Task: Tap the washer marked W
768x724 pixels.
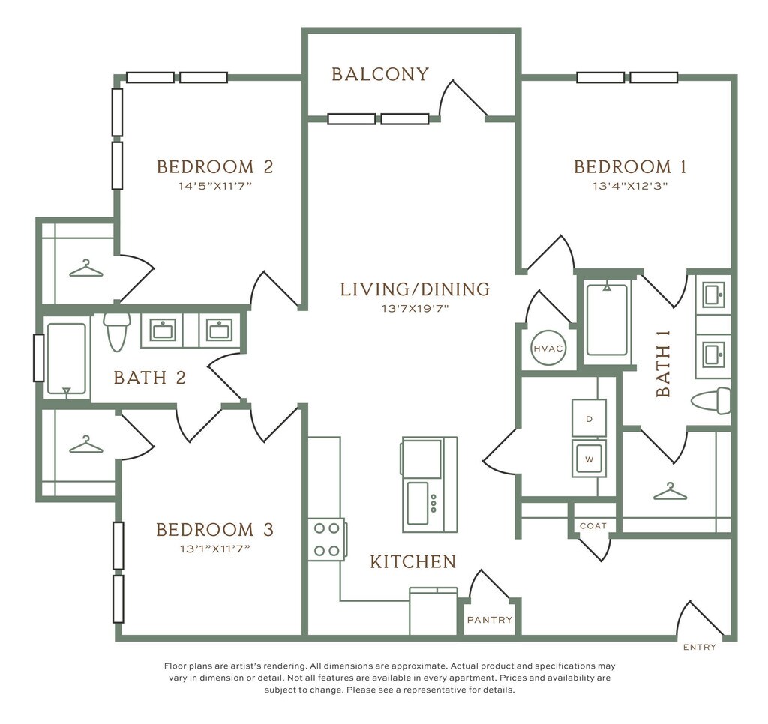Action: (589, 459)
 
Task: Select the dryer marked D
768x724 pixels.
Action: (589, 418)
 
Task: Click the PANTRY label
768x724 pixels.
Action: (490, 620)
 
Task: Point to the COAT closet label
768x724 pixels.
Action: (593, 525)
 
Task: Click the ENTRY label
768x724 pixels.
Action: (700, 647)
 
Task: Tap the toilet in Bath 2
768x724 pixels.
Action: (117, 332)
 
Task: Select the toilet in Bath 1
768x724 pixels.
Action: (711, 400)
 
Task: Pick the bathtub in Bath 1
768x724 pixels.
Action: (607, 319)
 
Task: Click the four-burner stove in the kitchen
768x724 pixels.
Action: (327, 540)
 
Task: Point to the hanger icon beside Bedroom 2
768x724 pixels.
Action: (86, 268)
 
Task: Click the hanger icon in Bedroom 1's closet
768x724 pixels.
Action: (670, 492)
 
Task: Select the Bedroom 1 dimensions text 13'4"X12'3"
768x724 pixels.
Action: (630, 186)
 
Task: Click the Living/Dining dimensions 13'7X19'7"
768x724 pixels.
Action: (415, 308)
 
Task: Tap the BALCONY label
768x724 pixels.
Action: (380, 74)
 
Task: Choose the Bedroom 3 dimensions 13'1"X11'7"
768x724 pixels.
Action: (215, 549)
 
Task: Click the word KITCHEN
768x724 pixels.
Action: (413, 561)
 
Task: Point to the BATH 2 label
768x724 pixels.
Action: (150, 378)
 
